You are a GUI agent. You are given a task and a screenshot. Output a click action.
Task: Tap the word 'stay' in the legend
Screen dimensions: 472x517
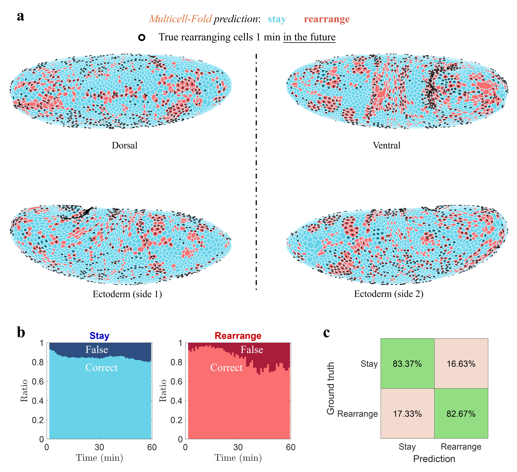277,19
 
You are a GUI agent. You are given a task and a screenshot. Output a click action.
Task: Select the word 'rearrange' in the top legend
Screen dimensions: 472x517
327,19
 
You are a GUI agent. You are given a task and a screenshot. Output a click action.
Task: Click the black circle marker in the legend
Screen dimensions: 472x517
142,38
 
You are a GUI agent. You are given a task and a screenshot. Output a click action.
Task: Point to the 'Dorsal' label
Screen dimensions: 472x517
125,146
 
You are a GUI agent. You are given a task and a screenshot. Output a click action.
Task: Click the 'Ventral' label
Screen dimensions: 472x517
386,146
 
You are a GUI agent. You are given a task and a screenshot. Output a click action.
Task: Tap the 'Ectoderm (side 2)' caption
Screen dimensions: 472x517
389,294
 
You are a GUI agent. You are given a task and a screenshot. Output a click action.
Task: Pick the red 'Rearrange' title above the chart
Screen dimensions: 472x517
238,336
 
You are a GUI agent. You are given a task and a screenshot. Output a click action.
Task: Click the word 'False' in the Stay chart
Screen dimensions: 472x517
97,350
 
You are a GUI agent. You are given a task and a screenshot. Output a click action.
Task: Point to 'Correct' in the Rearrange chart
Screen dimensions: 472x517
226,368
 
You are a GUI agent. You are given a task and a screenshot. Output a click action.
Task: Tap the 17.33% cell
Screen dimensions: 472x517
407,414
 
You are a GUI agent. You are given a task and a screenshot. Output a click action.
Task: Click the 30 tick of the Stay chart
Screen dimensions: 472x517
99,447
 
